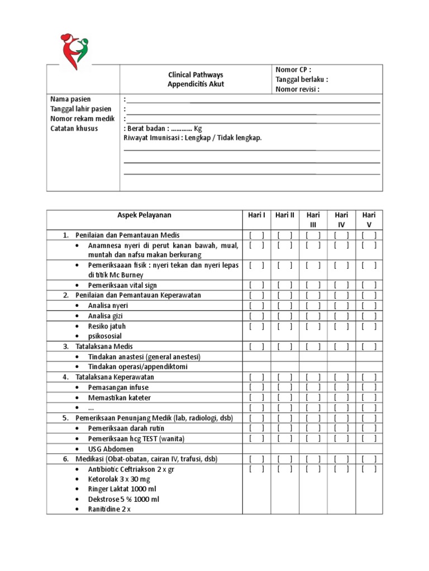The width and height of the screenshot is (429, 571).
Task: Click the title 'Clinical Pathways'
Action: [196, 75]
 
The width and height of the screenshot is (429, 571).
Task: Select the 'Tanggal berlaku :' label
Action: [302, 79]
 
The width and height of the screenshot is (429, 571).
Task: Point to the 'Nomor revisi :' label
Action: [298, 88]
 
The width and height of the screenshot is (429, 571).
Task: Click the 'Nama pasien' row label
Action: [70, 99]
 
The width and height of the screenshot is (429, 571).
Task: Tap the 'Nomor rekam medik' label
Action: [82, 119]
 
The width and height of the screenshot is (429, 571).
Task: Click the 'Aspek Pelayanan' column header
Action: [144, 215]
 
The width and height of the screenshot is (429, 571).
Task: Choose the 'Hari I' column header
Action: [256, 215]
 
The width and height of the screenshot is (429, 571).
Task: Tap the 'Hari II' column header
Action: [285, 215]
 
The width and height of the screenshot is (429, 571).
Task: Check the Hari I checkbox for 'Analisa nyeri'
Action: [256, 306]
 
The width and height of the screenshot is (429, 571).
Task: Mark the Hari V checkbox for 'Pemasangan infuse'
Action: [369, 387]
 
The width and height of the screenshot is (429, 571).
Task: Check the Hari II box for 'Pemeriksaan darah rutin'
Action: [285, 428]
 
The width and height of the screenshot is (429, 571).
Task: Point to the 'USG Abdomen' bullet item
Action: [111, 448]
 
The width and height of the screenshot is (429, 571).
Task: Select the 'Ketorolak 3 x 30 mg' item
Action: [118, 479]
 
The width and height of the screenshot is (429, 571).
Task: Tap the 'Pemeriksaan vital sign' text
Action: [123, 285]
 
